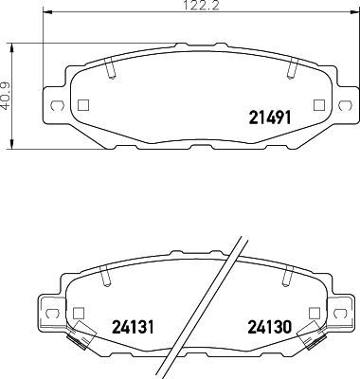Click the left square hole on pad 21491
tap(82, 105)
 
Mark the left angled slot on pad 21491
tap(110, 69)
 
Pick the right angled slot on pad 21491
tap(292, 69)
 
